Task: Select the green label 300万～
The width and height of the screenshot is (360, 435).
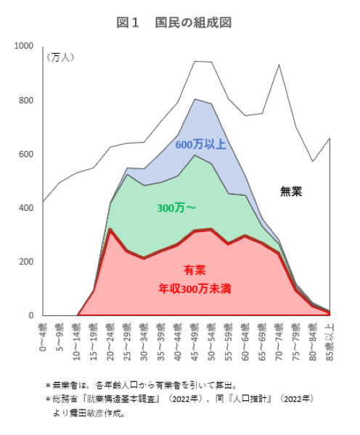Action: point(176,208)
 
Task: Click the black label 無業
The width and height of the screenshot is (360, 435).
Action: point(291,191)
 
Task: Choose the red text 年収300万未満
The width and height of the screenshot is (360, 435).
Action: point(195,288)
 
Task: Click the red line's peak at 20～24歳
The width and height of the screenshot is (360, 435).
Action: point(110,229)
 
